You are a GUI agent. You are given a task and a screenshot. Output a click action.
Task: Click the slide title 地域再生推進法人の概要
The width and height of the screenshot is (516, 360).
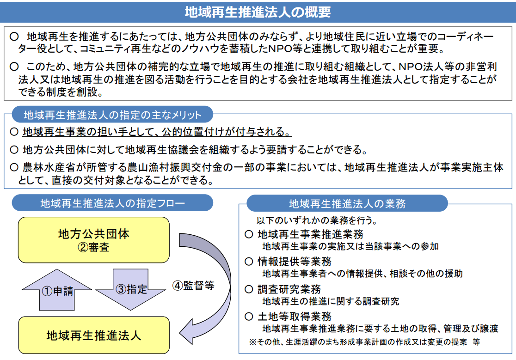point(258,12)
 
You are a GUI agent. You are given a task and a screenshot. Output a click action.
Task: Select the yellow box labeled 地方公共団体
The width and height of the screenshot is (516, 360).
point(94,240)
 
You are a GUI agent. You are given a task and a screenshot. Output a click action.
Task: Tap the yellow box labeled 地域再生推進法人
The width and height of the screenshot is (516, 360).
point(94,335)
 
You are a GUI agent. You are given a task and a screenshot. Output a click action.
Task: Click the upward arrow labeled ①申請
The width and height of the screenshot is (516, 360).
point(57,290)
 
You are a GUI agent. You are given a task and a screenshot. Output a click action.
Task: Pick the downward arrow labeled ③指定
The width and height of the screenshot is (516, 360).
point(131,289)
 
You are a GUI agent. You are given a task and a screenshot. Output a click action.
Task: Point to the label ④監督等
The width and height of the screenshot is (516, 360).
point(193,286)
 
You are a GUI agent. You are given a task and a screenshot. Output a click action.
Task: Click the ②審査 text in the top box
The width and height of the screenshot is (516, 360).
point(93,247)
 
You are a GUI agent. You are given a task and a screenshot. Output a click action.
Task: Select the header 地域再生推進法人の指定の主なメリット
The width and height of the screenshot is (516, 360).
point(112,115)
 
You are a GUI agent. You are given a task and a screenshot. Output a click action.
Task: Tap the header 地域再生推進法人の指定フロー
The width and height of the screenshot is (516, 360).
point(112,203)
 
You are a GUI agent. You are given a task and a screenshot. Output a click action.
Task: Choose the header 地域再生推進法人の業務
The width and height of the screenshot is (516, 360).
point(347,203)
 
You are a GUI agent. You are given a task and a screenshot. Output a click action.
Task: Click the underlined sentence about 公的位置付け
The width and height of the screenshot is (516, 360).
point(157,132)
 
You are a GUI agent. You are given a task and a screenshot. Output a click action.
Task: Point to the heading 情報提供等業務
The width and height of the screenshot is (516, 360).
point(295,262)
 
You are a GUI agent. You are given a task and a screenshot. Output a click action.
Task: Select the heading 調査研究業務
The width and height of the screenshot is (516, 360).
point(289,289)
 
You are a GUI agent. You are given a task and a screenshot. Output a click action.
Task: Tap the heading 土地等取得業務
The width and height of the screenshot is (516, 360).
point(295,317)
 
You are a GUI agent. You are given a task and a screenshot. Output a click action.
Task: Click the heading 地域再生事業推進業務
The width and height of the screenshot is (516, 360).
point(310,234)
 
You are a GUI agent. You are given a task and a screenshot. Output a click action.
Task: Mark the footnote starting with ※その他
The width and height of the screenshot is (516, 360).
point(364,342)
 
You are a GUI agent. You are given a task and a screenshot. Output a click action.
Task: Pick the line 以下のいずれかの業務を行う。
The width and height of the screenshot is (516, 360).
point(317,220)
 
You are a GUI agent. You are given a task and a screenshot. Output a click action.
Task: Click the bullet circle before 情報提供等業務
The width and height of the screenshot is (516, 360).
point(249,262)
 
